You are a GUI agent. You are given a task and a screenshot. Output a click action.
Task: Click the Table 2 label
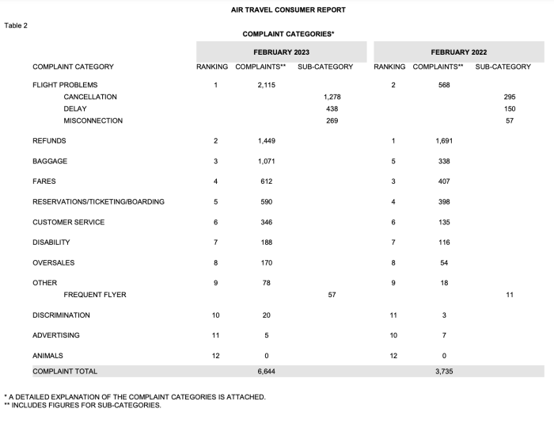(16, 25)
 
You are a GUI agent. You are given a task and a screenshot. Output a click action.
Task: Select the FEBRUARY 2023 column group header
(282, 52)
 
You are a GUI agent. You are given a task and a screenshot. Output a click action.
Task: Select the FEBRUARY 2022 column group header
(459, 52)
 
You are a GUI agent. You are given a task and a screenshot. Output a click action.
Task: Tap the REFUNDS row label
(49, 140)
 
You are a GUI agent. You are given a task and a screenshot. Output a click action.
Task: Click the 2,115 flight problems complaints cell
(266, 85)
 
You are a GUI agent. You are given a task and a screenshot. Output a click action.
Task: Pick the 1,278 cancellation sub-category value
(332, 97)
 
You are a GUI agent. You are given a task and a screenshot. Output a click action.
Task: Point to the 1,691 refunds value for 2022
(444, 140)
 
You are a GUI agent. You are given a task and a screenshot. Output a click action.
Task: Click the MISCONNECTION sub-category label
(93, 120)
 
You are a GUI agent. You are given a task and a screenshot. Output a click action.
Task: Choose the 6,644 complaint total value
(266, 371)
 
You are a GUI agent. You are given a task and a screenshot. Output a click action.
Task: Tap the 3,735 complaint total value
(444, 371)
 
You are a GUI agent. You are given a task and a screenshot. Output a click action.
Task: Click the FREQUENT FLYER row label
(95, 295)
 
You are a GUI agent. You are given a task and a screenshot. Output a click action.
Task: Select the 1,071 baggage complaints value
(266, 161)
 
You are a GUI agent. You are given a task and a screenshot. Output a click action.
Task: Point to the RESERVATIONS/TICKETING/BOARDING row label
(98, 202)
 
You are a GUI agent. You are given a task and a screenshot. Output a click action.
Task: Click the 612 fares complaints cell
(266, 181)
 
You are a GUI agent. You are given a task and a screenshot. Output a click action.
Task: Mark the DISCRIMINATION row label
(62, 315)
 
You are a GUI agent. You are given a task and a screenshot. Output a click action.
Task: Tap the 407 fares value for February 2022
(444, 181)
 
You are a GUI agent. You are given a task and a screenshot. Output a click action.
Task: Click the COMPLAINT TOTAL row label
(65, 371)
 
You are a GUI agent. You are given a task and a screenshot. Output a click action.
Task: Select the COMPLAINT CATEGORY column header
(73, 67)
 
